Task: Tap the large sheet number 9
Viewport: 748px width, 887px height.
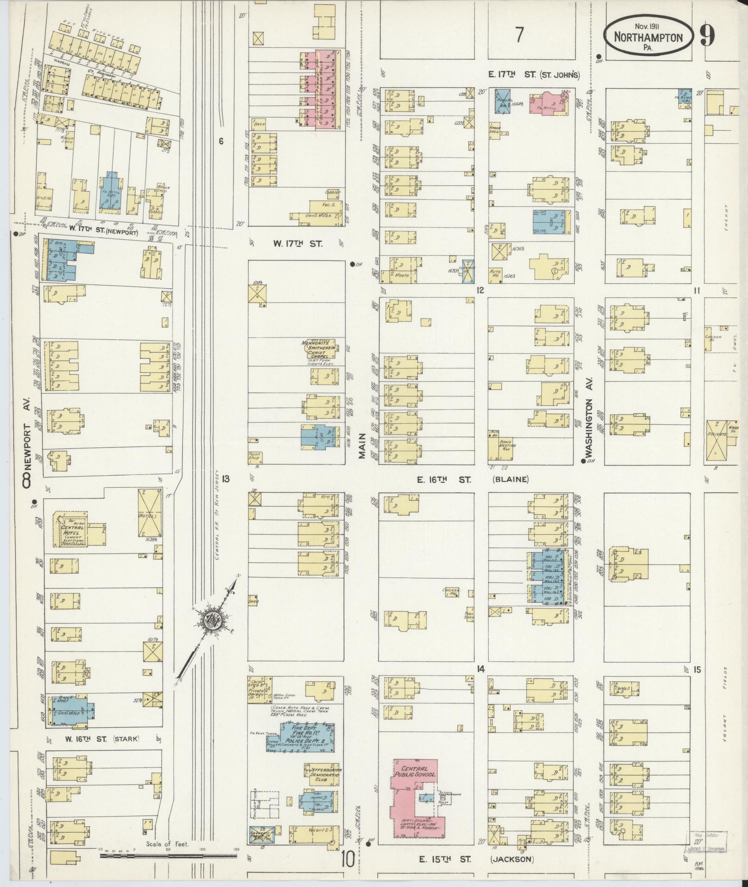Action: point(707,36)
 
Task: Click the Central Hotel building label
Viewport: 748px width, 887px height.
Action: point(73,530)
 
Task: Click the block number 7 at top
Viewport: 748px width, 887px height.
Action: point(519,35)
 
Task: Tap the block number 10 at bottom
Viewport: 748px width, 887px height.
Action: point(347,860)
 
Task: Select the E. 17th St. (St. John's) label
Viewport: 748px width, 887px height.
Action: point(533,75)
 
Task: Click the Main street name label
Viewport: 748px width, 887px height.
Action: point(362,446)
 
